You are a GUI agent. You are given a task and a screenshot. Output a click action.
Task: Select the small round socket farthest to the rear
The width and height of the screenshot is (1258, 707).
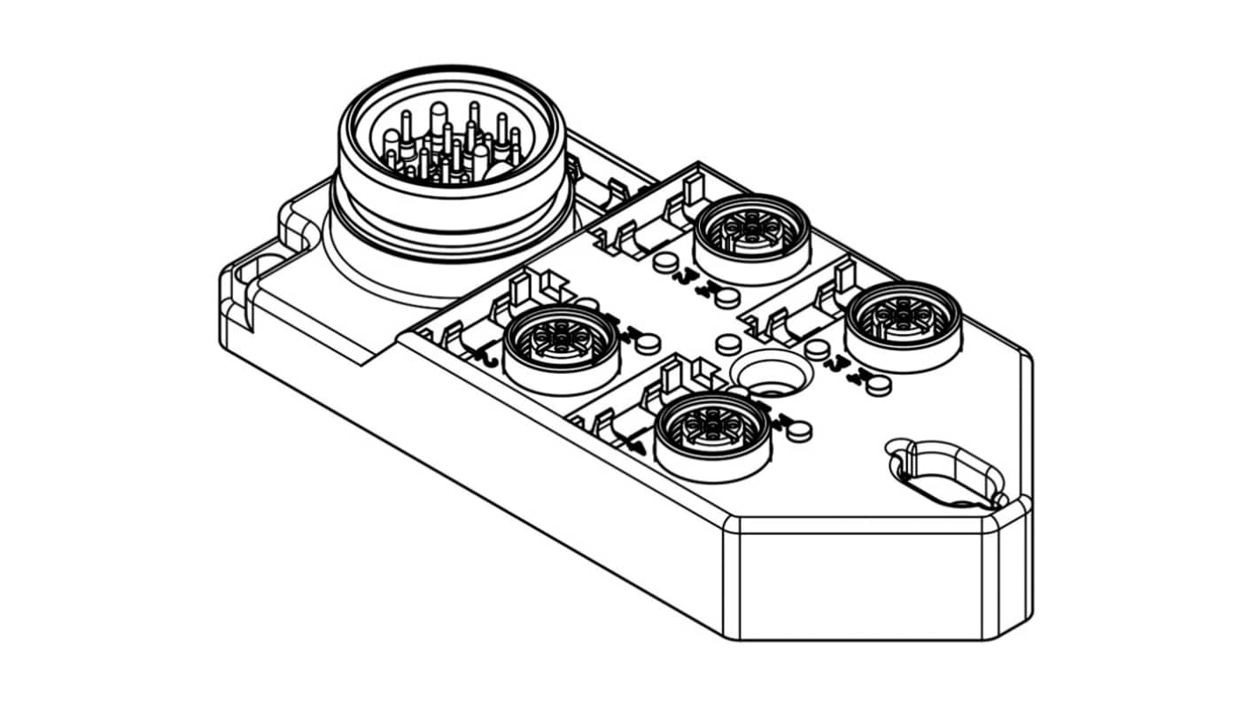coord(752,232)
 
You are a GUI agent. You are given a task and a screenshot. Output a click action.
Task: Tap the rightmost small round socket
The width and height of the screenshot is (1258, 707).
coord(903,319)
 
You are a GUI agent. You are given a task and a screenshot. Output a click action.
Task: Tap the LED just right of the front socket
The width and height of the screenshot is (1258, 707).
coord(798,431)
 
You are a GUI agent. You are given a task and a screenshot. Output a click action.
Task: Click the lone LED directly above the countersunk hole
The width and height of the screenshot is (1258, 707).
coord(727,344)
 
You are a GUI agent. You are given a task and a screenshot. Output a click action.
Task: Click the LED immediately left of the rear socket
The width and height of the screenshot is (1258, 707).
coord(666,262)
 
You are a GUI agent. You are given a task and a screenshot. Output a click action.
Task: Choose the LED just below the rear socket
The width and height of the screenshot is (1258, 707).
coord(726,298)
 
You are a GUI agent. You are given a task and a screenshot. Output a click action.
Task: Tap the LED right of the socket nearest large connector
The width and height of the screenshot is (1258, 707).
coord(648,342)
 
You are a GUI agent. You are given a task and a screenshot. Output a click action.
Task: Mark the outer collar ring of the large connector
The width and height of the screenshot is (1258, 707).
coord(452,213)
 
